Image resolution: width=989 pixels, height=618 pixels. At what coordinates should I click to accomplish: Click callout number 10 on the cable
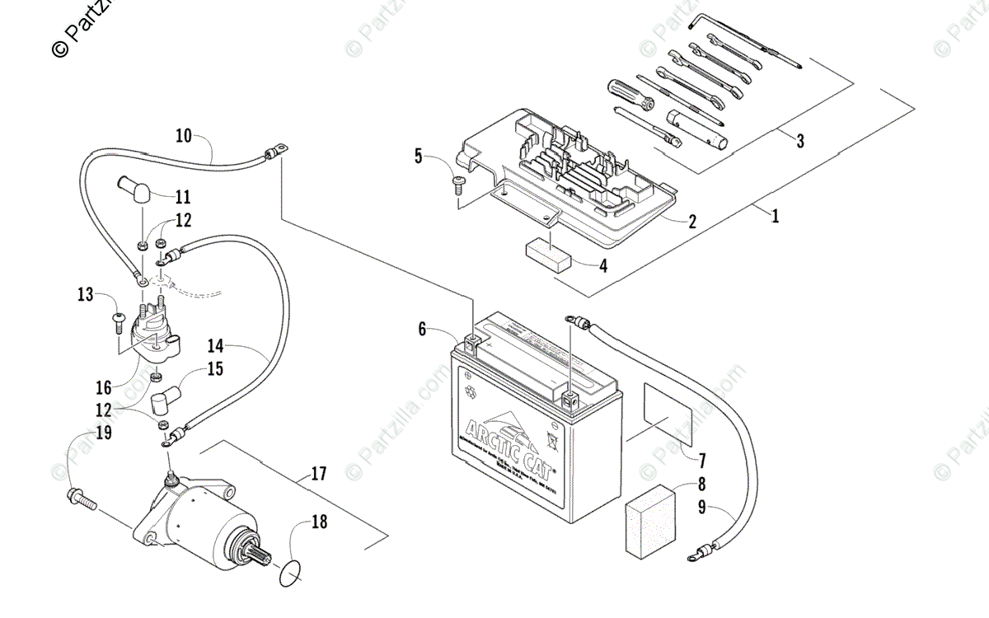click(x=184, y=136)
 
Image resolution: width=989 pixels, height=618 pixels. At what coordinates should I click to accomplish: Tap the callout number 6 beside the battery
click(x=422, y=330)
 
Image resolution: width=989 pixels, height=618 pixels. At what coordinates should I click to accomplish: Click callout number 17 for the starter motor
click(x=319, y=474)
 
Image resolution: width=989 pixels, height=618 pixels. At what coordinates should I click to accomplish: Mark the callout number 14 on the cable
click(x=216, y=347)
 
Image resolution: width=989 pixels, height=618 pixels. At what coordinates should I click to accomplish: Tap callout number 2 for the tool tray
click(x=692, y=221)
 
